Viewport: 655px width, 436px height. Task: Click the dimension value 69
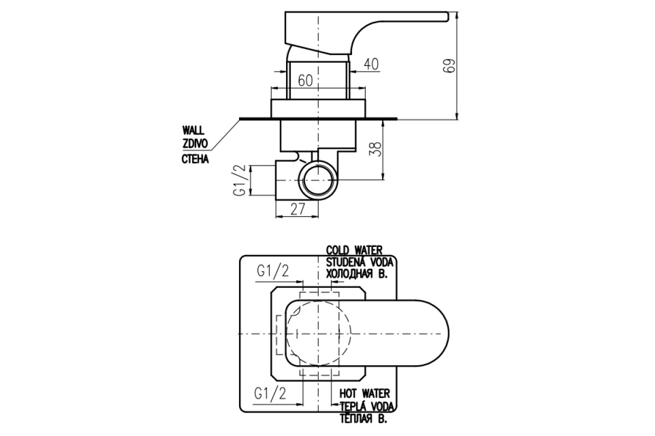pyautogui.click(x=449, y=66)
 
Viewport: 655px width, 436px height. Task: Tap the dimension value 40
pyautogui.click(x=371, y=64)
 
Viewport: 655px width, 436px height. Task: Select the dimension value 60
pyautogui.click(x=305, y=81)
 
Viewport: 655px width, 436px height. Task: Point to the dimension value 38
pyautogui.click(x=377, y=149)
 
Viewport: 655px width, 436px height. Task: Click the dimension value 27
pyautogui.click(x=298, y=209)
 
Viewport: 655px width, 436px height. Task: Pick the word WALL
pyautogui.click(x=194, y=130)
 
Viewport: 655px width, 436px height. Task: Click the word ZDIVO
pyautogui.click(x=195, y=144)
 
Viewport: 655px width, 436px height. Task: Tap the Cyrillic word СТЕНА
pyautogui.click(x=195, y=159)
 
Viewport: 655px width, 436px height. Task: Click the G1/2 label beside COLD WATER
pyautogui.click(x=273, y=271)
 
